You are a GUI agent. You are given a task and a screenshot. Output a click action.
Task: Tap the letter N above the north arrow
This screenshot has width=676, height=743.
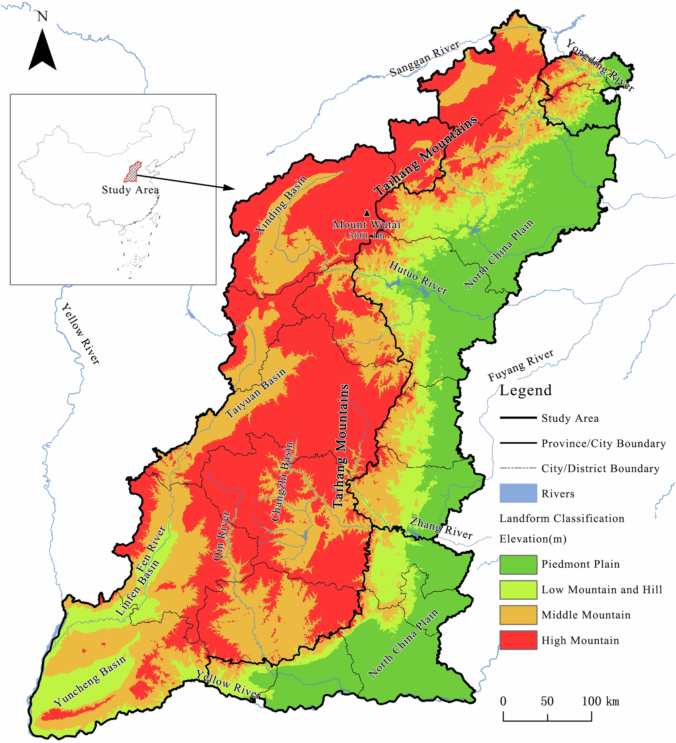(x=42, y=17)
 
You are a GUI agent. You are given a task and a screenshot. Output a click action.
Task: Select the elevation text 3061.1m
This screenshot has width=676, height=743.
(x=367, y=236)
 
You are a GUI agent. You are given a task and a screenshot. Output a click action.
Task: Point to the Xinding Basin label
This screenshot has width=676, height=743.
(x=280, y=205)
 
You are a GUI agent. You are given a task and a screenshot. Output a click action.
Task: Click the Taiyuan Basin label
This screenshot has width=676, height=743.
(x=255, y=393)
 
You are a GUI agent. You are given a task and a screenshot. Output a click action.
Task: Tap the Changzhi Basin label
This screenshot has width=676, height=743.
(x=282, y=482)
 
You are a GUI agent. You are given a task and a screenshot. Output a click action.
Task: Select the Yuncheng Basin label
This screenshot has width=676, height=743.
(x=90, y=682)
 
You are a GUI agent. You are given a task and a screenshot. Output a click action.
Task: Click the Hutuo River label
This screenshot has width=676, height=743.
(x=418, y=277)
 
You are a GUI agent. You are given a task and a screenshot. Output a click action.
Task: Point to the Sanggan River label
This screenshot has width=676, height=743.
(x=424, y=59)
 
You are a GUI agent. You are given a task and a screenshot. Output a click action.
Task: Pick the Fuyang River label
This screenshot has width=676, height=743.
(x=520, y=365)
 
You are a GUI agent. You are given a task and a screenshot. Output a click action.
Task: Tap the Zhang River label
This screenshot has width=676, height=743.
(x=441, y=528)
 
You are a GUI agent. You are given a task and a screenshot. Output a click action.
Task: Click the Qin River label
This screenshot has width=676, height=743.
(x=221, y=536)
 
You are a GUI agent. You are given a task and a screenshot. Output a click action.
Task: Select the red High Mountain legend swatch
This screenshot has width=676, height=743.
(x=518, y=640)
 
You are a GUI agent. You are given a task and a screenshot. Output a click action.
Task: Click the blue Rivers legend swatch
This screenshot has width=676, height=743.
(x=518, y=493)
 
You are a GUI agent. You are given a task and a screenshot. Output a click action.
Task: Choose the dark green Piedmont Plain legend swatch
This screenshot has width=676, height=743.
(x=518, y=565)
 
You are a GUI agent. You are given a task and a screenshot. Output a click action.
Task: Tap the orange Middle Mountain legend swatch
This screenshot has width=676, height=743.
(x=518, y=615)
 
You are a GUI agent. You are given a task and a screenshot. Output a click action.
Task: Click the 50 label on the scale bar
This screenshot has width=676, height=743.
(x=547, y=701)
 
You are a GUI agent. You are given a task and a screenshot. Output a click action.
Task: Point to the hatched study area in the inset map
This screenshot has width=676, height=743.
(x=132, y=172)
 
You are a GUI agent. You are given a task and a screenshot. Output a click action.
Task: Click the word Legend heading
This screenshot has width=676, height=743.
(x=525, y=390)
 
